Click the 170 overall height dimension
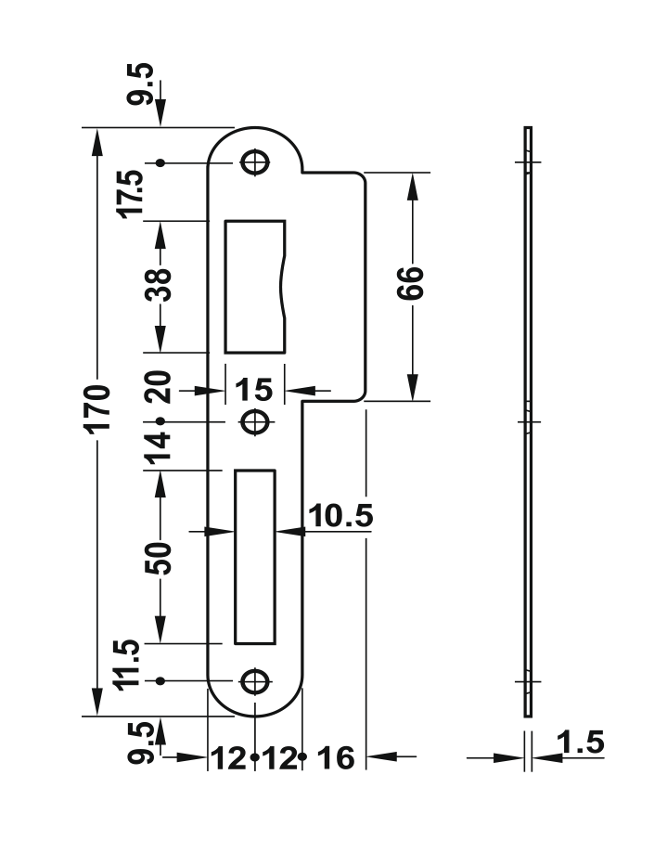coord(99,409)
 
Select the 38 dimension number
coord(160,288)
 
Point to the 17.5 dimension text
coord(132,192)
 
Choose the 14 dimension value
coord(160,446)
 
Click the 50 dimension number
coord(160,557)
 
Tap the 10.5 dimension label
coord(340,516)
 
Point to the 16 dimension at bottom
coord(336,758)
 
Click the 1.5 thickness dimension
coord(581,742)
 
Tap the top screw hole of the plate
coord(253,161)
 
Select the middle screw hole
coord(253,421)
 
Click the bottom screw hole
coord(253,682)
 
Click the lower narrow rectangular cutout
coord(255,556)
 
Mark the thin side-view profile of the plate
coord(528,421)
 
